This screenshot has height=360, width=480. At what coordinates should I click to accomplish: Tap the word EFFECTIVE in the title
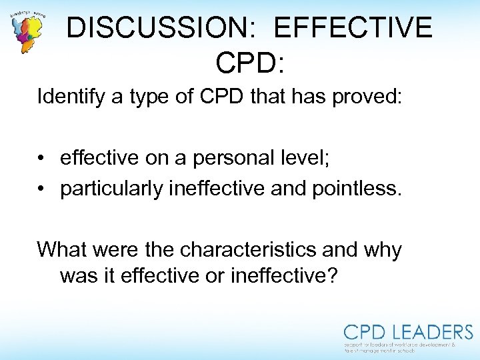[353, 28]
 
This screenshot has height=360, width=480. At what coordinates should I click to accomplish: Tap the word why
[383, 251]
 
